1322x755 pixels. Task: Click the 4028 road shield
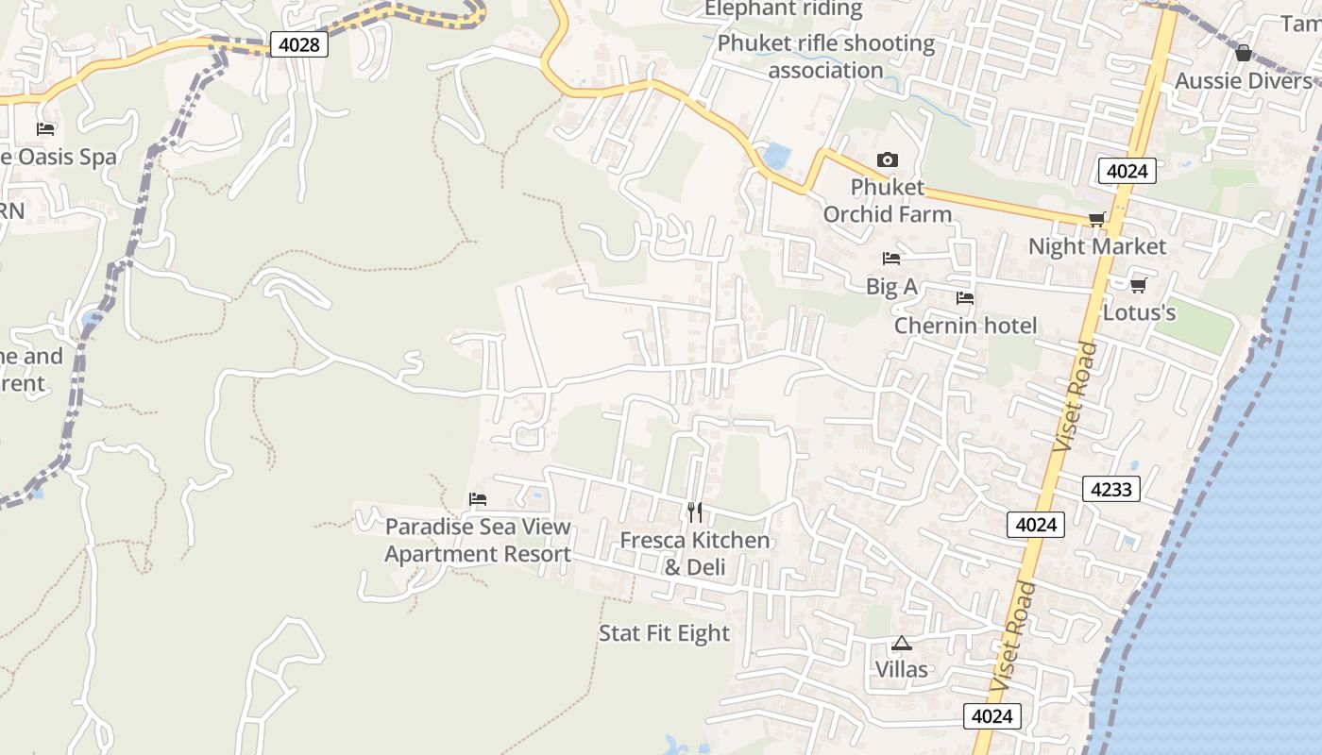299,44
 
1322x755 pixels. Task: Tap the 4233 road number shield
1111,489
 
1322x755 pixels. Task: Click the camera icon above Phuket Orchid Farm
887,159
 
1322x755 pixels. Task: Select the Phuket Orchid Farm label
887,201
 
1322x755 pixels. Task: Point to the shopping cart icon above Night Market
1096,220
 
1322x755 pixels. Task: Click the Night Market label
1096,246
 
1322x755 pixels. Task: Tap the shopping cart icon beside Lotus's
1138,284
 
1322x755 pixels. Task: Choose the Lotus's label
1139,311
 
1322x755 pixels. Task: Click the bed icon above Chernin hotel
964,298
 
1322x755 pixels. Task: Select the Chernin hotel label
965,326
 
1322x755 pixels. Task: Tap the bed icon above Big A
890,259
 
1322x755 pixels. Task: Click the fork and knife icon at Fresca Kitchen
695,512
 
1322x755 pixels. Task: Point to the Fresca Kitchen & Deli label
695,553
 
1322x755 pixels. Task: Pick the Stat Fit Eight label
664,633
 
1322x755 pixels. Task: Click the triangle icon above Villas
902,644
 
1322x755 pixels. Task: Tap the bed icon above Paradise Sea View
478,499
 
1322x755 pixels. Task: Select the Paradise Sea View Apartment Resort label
478,540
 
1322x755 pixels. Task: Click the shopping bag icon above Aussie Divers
1243,53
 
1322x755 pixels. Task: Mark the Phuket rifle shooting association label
825,57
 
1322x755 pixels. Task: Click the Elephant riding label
784,9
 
